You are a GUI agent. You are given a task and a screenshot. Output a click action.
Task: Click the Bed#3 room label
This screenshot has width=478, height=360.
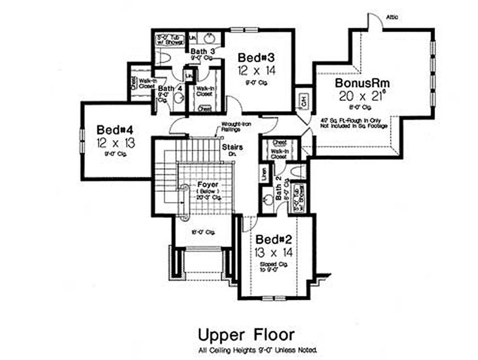(255, 58)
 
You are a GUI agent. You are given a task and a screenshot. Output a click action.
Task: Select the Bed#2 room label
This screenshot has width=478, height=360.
(274, 240)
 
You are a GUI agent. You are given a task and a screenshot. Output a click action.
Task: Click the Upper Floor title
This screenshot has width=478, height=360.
(246, 335)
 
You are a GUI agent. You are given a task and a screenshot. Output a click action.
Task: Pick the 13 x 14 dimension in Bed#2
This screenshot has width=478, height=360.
(274, 253)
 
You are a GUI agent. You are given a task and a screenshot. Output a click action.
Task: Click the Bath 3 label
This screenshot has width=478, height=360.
(202, 51)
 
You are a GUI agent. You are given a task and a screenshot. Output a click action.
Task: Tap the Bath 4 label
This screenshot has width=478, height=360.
(169, 88)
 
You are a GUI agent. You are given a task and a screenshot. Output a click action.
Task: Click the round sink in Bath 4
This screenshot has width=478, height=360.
(178, 99)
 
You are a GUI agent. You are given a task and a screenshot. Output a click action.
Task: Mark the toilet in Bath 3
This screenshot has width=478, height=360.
(162, 58)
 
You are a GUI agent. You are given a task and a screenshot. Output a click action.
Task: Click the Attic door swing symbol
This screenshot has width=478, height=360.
(374, 21)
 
